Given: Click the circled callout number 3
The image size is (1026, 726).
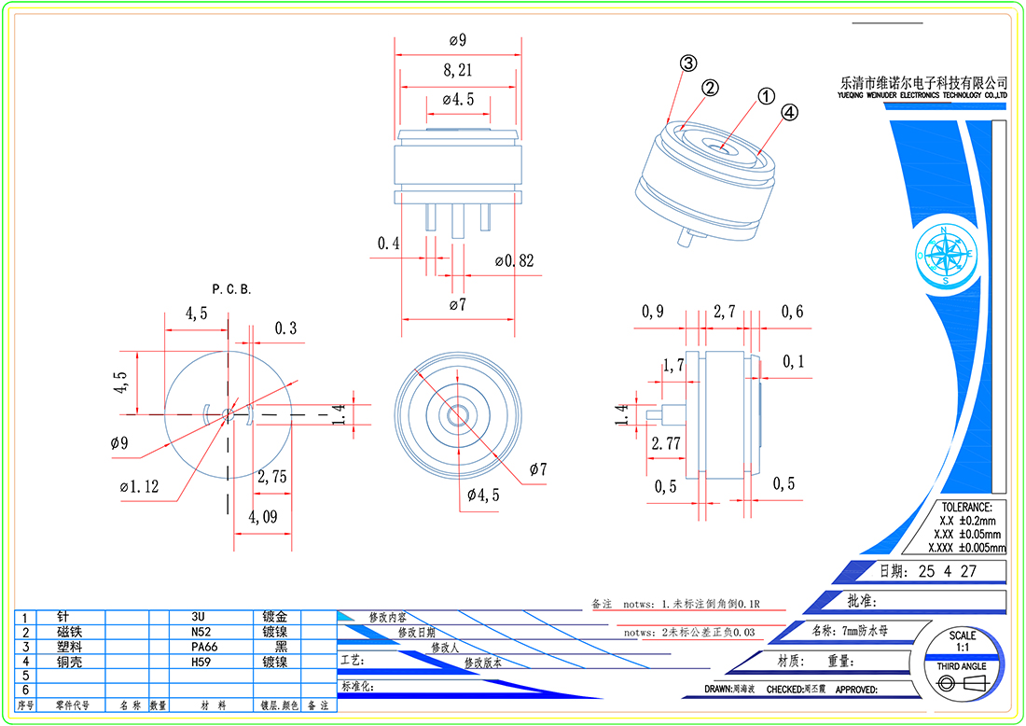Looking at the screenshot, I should point(687,63).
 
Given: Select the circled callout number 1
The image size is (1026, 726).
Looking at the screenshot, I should point(765,96).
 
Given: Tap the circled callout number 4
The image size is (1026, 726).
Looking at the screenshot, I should point(789,113).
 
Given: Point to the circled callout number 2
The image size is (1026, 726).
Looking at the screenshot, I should point(710,88).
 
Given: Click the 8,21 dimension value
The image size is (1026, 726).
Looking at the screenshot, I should point(457,70).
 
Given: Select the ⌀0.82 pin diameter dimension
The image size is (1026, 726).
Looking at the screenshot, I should point(514,261).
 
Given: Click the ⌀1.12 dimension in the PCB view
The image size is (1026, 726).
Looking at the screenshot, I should point(140,486).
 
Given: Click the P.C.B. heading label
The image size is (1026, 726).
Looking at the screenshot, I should point(231,289).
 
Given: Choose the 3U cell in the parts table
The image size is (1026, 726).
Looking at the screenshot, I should point(198,618).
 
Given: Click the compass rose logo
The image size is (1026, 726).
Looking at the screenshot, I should point(945,254).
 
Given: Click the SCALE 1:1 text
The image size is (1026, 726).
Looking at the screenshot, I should point(962,641).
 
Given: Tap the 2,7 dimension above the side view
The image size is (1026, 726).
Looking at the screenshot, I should point(725,312).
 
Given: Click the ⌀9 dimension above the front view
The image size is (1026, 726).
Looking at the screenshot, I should point(457,40).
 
